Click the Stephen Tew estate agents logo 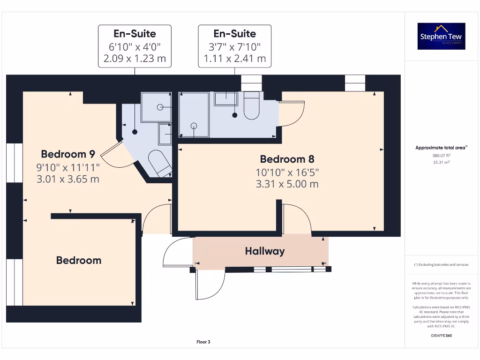pos(441,36)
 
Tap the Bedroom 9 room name pos(68,154)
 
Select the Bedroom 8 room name pos(287,158)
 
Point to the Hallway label pos(265,251)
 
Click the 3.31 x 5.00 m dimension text pos(287,184)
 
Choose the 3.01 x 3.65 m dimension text pos(67,179)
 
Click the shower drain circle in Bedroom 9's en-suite pos(160,107)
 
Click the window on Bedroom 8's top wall pos(354,83)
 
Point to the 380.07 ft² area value pos(441,155)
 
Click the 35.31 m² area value pos(441,162)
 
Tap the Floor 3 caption pos(203,342)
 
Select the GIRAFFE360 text pos(441,336)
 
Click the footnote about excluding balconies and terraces pos(441,265)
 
